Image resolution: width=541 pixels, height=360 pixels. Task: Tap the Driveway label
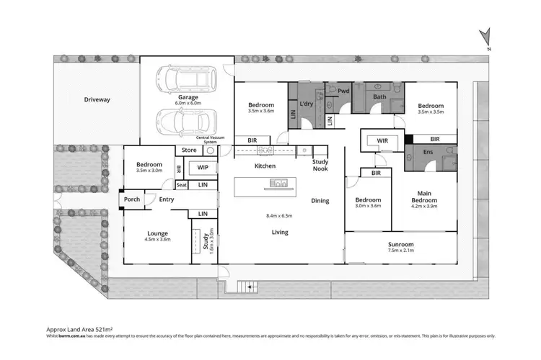coord(97,99)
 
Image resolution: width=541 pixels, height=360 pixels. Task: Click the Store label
coord(189,150)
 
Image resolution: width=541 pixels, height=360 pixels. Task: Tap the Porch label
coord(132,199)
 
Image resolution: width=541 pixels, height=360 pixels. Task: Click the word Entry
coord(167,199)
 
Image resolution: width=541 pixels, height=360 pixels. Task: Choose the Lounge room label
coord(157,234)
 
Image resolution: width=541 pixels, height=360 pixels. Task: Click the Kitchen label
coord(265,166)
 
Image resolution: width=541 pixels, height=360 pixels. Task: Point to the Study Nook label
coord(320,166)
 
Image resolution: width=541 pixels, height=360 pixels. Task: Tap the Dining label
coord(321,201)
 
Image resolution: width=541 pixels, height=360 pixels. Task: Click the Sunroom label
coord(400,245)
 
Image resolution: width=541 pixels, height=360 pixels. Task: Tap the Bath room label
coord(380,96)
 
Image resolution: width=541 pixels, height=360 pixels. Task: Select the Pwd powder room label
coord(344,91)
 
